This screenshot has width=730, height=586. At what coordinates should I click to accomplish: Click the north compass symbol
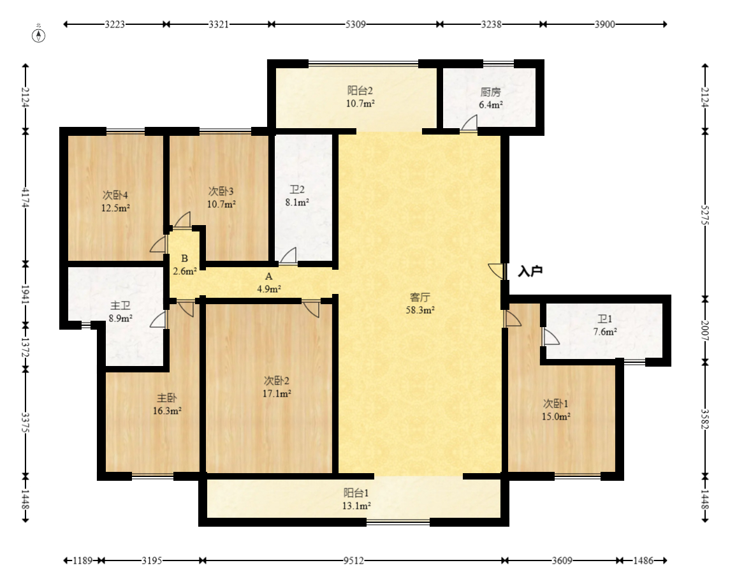click(39, 35)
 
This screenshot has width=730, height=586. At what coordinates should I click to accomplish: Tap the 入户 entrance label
click(530, 271)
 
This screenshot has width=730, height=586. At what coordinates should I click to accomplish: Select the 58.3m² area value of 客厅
click(420, 310)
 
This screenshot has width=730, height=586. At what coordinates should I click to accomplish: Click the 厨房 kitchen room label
click(491, 92)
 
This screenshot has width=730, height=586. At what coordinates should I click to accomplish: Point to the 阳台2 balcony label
click(360, 91)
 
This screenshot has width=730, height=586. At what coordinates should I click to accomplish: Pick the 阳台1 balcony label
click(356, 493)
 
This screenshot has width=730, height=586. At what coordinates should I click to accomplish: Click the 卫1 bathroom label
click(605, 319)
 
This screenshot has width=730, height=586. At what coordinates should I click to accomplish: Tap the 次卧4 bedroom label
click(115, 195)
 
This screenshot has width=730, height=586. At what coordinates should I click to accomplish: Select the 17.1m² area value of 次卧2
click(277, 394)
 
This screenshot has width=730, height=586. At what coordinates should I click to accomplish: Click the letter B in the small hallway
click(184, 258)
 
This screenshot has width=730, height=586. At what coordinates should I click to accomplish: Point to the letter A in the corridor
click(268, 277)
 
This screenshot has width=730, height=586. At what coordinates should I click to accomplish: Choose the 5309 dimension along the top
click(355, 24)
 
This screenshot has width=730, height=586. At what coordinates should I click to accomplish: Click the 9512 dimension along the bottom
click(354, 560)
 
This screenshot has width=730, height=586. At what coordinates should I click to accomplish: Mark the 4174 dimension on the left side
click(26, 197)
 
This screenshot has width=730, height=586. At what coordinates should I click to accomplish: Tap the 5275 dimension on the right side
click(705, 215)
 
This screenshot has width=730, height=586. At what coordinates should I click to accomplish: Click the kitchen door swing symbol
click(469, 123)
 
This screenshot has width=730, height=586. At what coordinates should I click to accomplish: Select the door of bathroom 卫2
click(288, 256)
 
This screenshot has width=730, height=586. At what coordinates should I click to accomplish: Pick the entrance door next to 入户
click(497, 271)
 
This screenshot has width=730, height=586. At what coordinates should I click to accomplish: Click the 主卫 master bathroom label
click(120, 306)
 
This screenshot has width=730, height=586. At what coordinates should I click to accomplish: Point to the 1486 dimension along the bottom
click(643, 560)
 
